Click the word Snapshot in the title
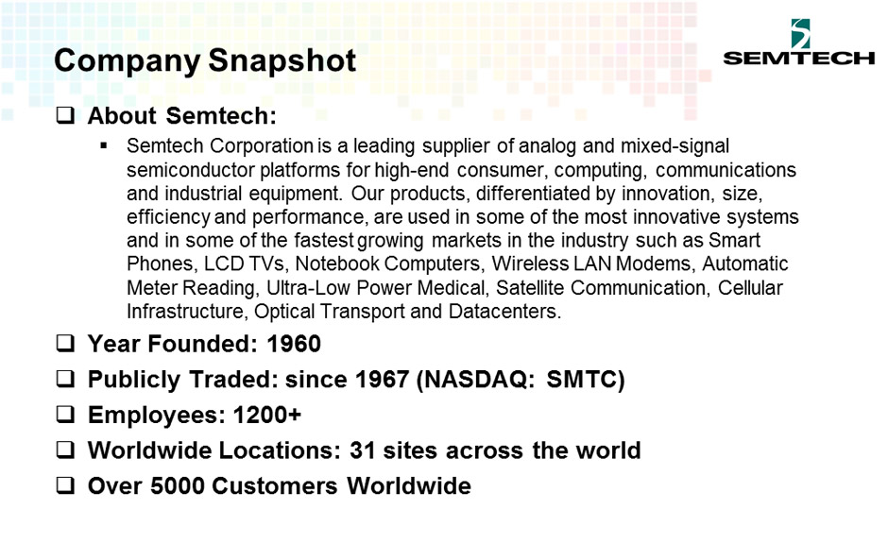point(282,61)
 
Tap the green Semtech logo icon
point(800,33)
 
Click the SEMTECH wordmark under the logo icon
point(799,58)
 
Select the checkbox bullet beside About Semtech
point(66,115)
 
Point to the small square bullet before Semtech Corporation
point(104,146)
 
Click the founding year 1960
point(294,344)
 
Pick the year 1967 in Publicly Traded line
point(382,380)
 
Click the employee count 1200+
point(267,415)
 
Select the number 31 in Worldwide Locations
point(363,450)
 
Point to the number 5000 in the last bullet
point(178,486)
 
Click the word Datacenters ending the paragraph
point(504,312)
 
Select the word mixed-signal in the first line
point(675,146)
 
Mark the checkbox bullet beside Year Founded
point(66,343)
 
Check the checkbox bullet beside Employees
point(66,415)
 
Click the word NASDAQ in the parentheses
point(479,380)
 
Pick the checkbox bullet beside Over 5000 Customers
point(66,485)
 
